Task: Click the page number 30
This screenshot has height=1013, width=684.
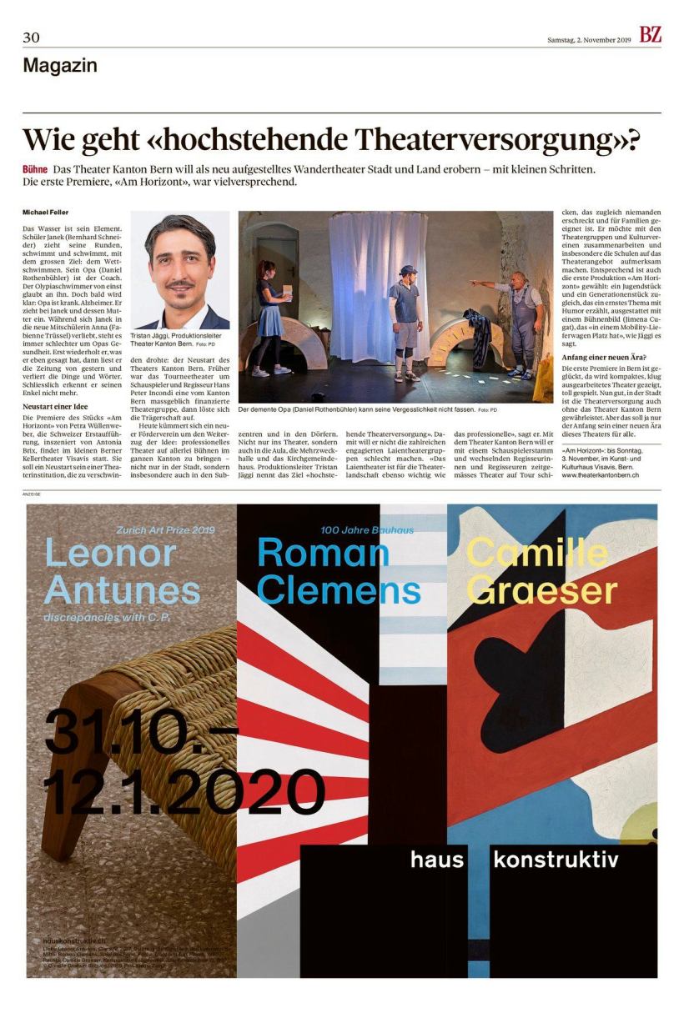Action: point(31,38)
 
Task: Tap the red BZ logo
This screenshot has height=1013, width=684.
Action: point(650,35)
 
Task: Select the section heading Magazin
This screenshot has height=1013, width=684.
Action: point(60,65)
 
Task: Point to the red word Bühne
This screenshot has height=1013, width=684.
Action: point(35,169)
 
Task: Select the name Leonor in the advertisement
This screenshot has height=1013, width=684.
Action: point(110,553)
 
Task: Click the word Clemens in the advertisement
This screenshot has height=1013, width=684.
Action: point(338,589)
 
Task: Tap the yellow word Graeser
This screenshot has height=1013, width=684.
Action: point(541,589)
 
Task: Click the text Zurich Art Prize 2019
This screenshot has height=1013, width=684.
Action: point(165,529)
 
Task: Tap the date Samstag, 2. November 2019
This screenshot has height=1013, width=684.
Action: point(589,40)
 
